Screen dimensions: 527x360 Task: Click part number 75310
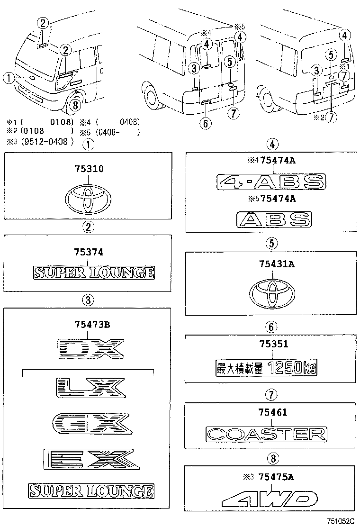tap(88, 169)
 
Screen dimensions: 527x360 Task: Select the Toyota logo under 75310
tap(88, 199)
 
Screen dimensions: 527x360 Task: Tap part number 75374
tap(88, 253)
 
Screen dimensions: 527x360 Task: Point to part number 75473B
tap(92, 325)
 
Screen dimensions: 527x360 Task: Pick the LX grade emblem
tap(90, 387)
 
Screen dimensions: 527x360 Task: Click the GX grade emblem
tap(90, 422)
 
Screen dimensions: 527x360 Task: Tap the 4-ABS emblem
tap(271, 182)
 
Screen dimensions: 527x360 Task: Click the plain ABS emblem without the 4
tap(274, 218)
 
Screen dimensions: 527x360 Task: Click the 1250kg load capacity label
tap(266, 367)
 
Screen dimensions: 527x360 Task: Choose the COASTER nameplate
tap(267, 433)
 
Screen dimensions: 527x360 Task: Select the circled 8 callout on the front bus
tap(74, 105)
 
